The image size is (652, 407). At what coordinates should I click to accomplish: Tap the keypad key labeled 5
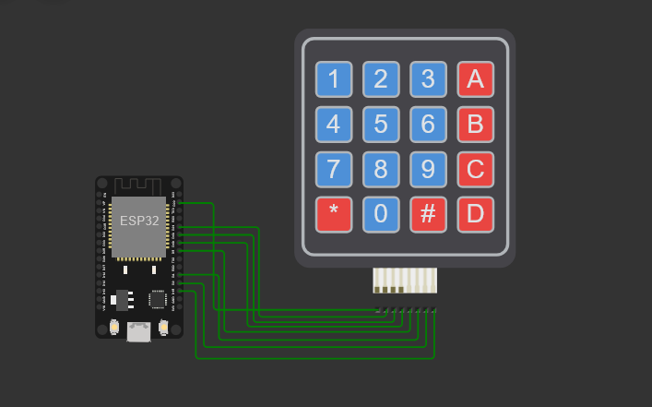(381, 124)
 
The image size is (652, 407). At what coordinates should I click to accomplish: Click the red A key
(476, 79)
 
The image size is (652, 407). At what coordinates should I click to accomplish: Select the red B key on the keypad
(476, 124)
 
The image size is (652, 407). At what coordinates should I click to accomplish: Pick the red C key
(476, 169)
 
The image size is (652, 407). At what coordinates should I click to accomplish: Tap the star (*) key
(334, 214)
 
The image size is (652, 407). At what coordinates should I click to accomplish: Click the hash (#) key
(428, 214)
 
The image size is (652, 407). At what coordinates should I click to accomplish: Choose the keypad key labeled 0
(381, 214)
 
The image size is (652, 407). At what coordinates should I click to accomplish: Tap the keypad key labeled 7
(334, 169)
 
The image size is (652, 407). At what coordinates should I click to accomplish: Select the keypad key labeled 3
(428, 79)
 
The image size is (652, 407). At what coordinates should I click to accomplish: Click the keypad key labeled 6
(428, 124)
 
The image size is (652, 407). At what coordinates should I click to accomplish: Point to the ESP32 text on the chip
(138, 221)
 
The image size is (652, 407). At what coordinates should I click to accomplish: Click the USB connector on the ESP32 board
(138, 330)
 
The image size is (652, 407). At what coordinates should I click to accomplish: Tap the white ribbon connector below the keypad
(405, 280)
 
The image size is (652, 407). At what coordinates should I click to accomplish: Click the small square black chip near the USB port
(158, 299)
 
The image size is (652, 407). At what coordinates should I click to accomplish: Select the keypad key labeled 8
(381, 169)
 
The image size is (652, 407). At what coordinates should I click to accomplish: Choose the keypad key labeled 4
(334, 124)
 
